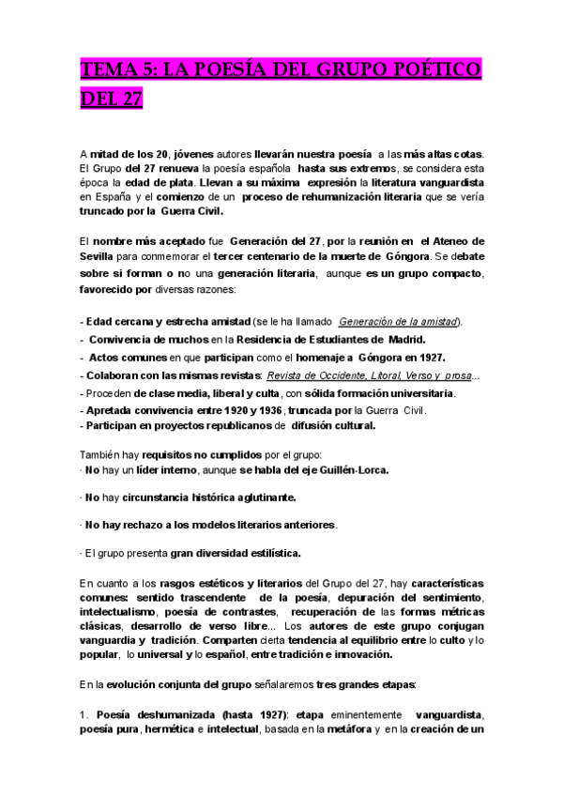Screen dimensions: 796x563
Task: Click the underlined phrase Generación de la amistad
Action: tap(399, 321)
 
